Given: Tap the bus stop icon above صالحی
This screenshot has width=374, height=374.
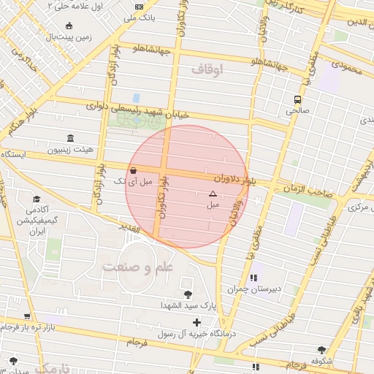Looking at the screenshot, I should [297, 99].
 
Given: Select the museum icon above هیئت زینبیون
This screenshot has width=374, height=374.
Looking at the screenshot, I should [69, 138].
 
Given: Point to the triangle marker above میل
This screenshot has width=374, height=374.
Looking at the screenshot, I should [213, 194].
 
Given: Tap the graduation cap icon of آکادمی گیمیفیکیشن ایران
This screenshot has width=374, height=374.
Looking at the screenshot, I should [36, 199].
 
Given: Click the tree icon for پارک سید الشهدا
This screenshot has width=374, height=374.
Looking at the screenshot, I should [188, 294].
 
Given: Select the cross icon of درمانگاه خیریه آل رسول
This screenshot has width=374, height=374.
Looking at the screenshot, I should [196, 321].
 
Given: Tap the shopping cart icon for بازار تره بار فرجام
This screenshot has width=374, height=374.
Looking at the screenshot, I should [27, 316].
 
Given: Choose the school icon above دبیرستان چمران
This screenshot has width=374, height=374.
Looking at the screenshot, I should [253, 278].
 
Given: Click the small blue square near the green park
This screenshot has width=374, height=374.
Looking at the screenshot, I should [136, 97].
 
